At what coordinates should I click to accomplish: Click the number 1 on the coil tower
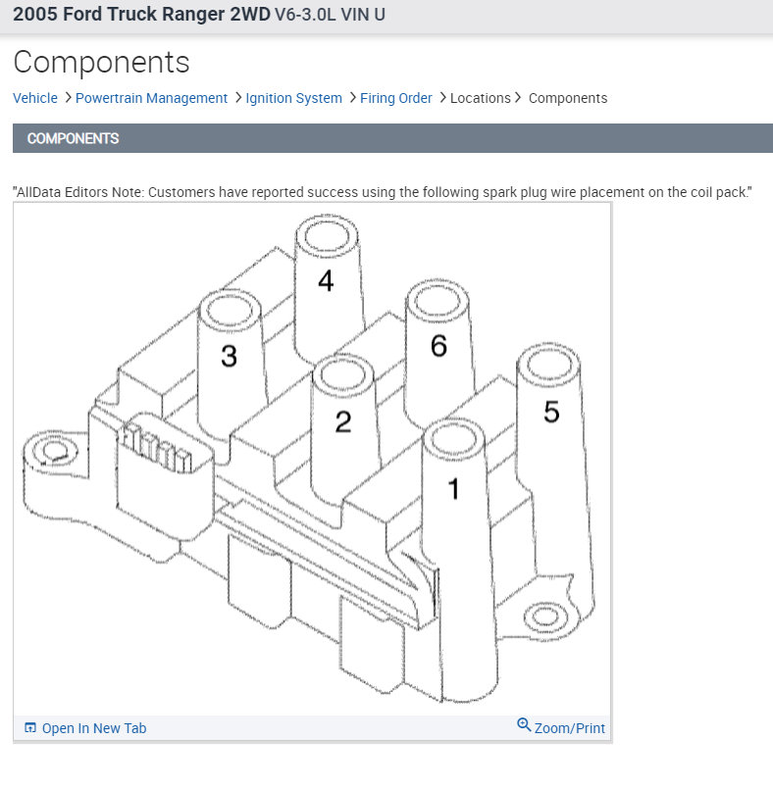(453, 488)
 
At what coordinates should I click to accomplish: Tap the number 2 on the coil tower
(342, 422)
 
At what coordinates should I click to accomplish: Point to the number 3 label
(229, 356)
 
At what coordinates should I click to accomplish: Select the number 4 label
(326, 281)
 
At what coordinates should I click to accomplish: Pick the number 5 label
(551, 413)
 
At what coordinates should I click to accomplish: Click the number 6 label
(438, 346)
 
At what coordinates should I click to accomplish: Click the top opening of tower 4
(326, 236)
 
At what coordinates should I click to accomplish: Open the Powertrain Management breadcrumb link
(151, 98)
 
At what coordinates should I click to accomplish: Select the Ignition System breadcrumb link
(293, 98)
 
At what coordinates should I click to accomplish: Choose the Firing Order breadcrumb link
(395, 98)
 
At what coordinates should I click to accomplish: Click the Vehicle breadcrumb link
(35, 98)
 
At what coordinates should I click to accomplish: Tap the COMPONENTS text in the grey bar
(73, 138)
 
